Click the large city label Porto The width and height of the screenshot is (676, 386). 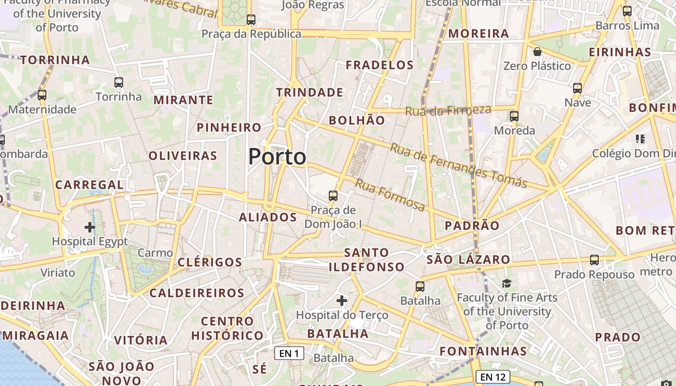(x=277, y=157)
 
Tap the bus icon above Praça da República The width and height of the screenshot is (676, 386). (x=251, y=20)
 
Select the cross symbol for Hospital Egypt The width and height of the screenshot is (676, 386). (x=90, y=227)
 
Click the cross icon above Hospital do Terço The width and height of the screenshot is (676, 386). (x=342, y=301)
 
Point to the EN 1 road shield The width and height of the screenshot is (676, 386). (x=289, y=353)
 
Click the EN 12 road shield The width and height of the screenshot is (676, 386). (x=493, y=376)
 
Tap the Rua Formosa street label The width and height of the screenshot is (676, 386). (x=390, y=195)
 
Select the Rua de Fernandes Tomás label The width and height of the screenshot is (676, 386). (x=458, y=165)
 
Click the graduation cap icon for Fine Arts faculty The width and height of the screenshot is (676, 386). (x=507, y=283)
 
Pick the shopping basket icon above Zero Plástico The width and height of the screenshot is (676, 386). (x=537, y=52)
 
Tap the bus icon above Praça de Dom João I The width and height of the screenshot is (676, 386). (x=333, y=196)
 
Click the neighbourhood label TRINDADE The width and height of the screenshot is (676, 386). (x=310, y=92)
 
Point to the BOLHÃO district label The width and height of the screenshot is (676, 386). (x=357, y=120)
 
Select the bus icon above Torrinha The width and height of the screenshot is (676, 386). (x=119, y=83)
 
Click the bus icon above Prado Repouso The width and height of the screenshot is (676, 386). (x=594, y=260)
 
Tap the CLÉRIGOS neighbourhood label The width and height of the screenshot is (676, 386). (x=210, y=262)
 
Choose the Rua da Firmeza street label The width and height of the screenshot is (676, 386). (x=448, y=110)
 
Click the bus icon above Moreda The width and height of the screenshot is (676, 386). (x=514, y=116)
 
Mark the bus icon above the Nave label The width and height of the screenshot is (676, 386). (x=577, y=88)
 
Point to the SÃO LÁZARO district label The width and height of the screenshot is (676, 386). (x=468, y=259)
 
